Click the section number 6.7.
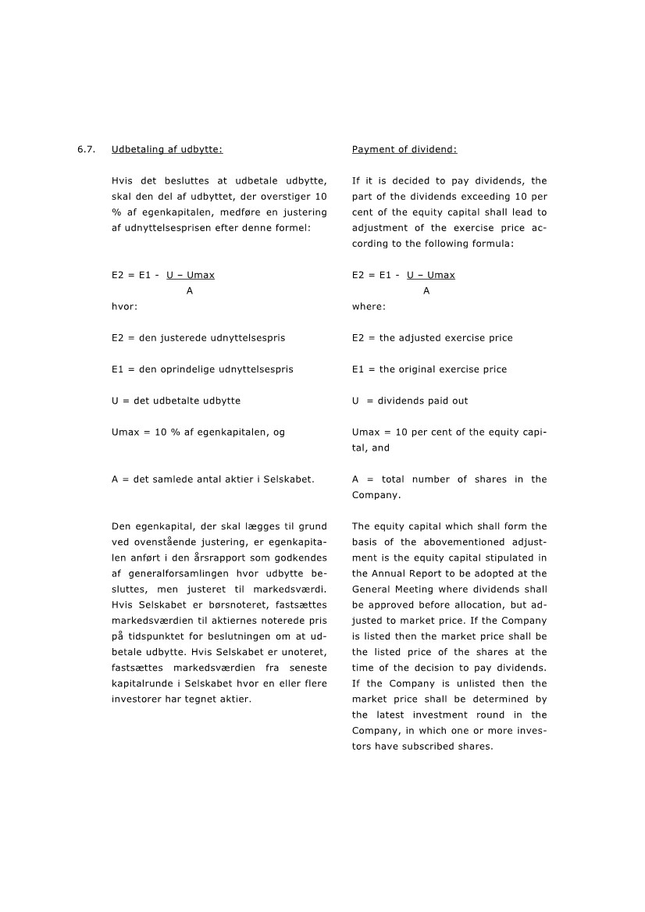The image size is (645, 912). pyautogui.click(x=85, y=149)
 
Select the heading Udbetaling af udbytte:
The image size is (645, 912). pyautogui.click(x=162, y=149)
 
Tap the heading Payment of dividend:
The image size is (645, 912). pyautogui.click(x=404, y=149)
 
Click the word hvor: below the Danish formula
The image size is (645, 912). pyautogui.click(x=124, y=307)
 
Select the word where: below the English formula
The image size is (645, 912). pyautogui.click(x=369, y=307)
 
